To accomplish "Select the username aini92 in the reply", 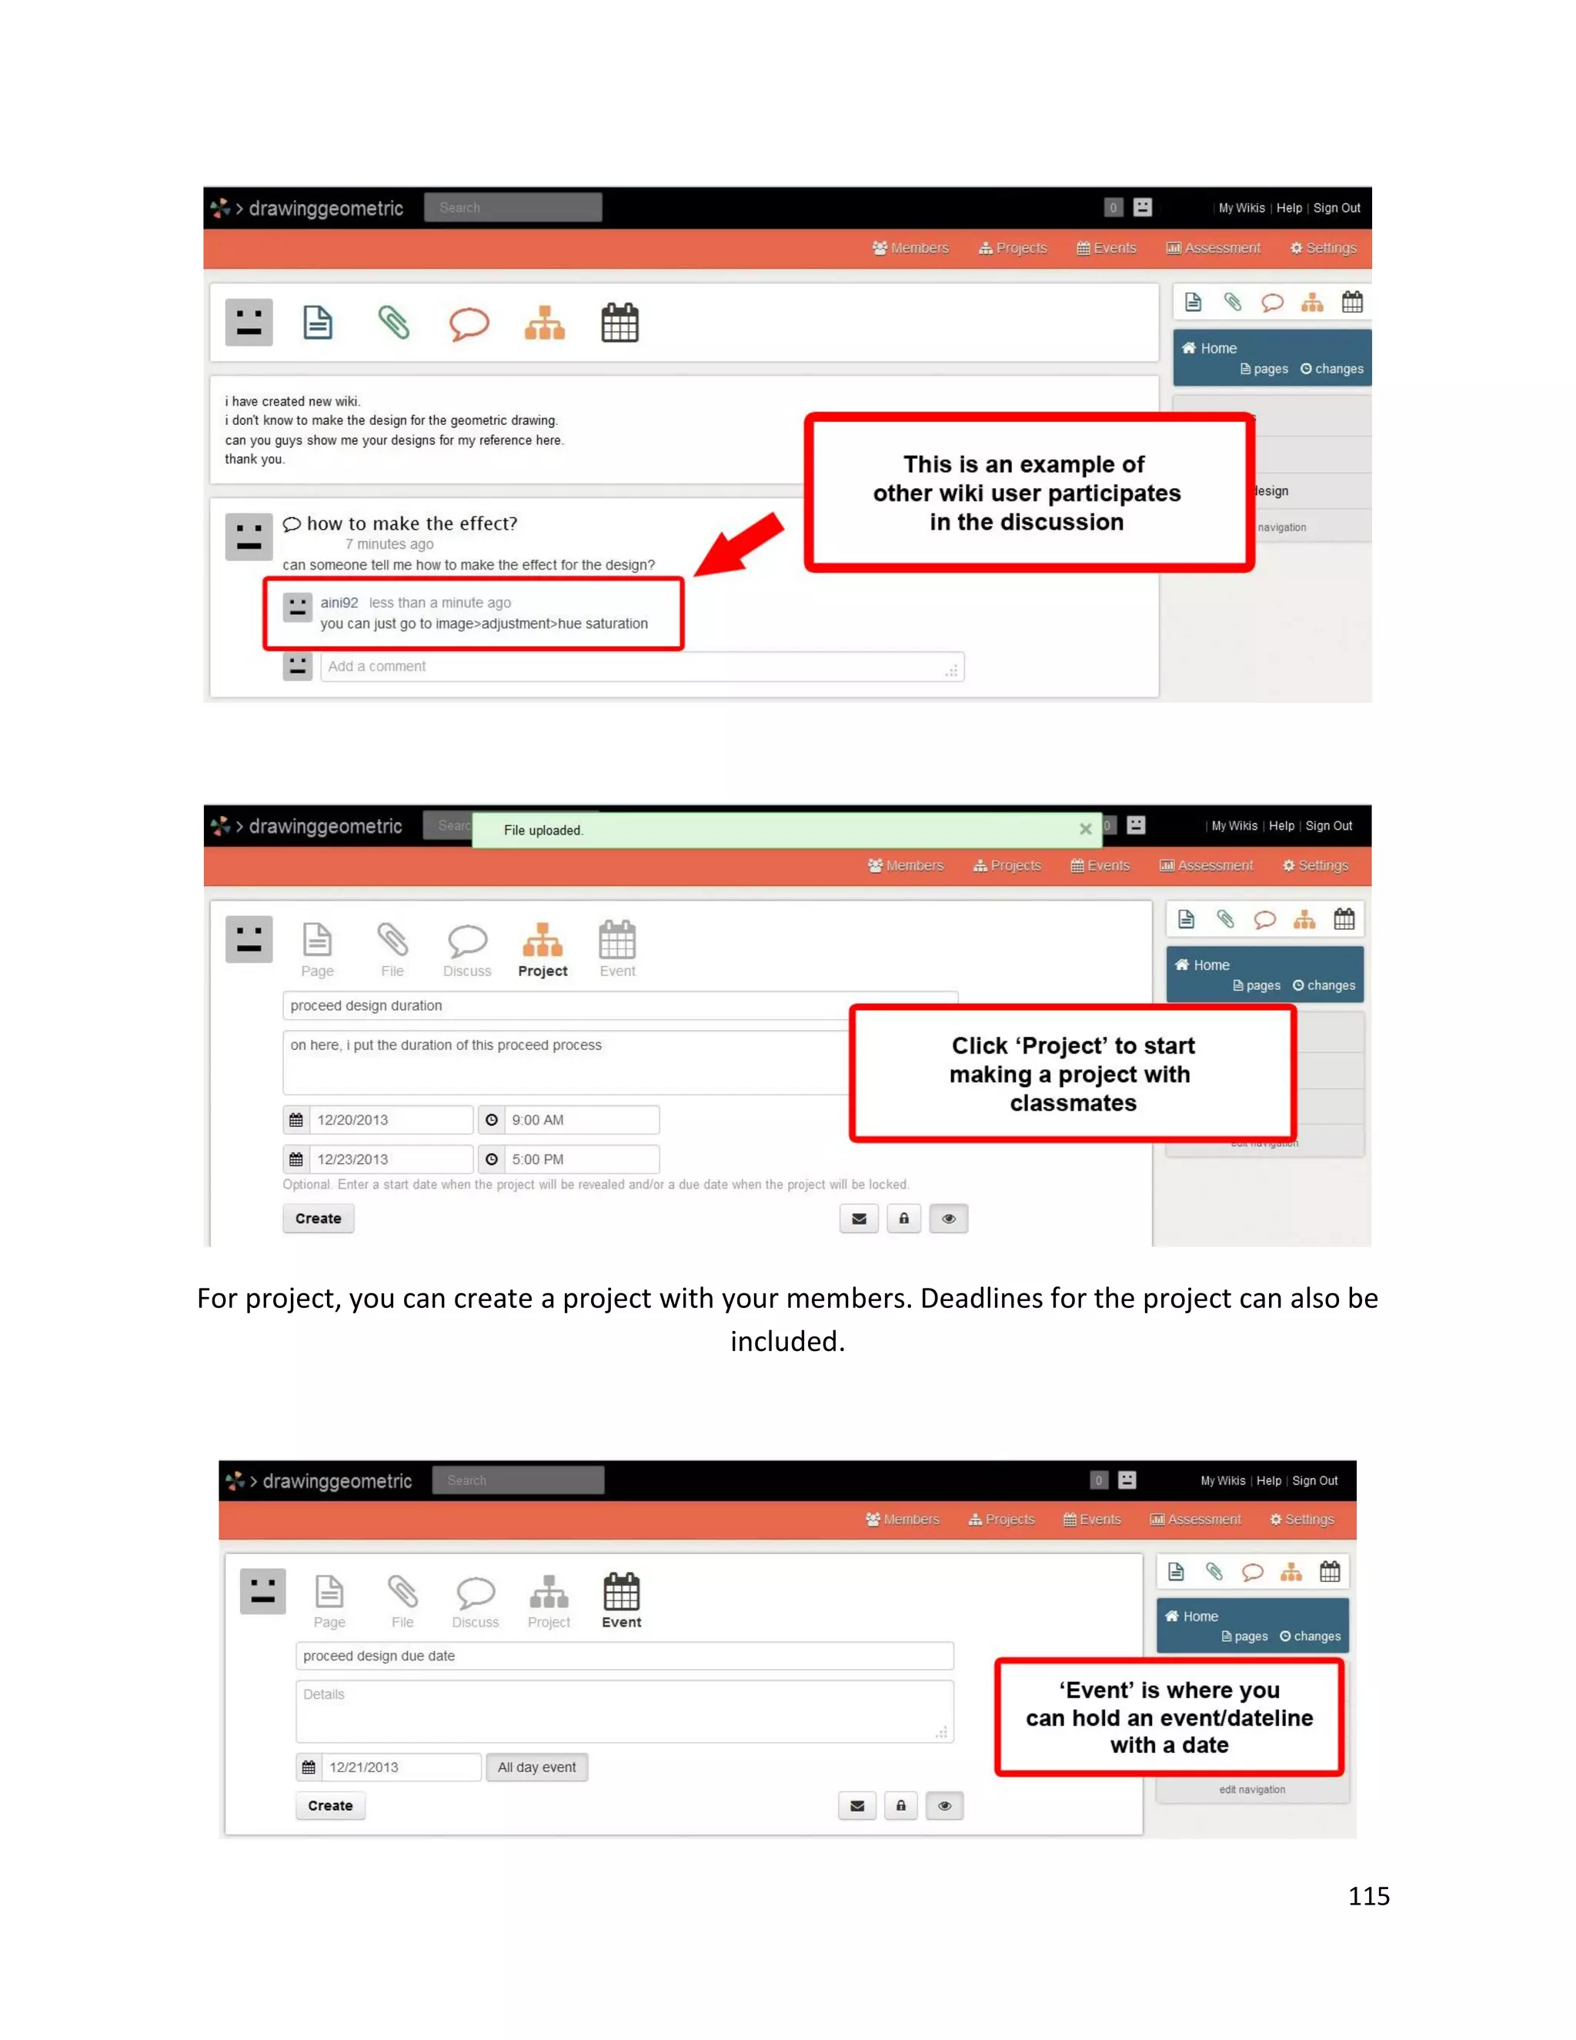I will point(339,603).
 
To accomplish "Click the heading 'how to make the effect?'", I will point(412,523).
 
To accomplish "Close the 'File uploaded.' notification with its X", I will point(1085,829).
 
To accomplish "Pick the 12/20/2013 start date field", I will point(389,1120).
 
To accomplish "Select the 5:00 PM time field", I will point(581,1159).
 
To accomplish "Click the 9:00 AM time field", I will point(581,1120).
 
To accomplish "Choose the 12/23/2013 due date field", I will point(389,1159).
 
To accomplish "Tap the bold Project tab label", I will point(543,972).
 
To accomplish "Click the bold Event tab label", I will point(621,1623).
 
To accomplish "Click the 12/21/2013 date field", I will point(402,1767).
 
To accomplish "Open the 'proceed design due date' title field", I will point(623,1656).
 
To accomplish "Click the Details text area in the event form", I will point(623,1711).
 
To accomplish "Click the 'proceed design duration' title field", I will point(566,1006).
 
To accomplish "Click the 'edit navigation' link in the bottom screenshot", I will point(1252,1790).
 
